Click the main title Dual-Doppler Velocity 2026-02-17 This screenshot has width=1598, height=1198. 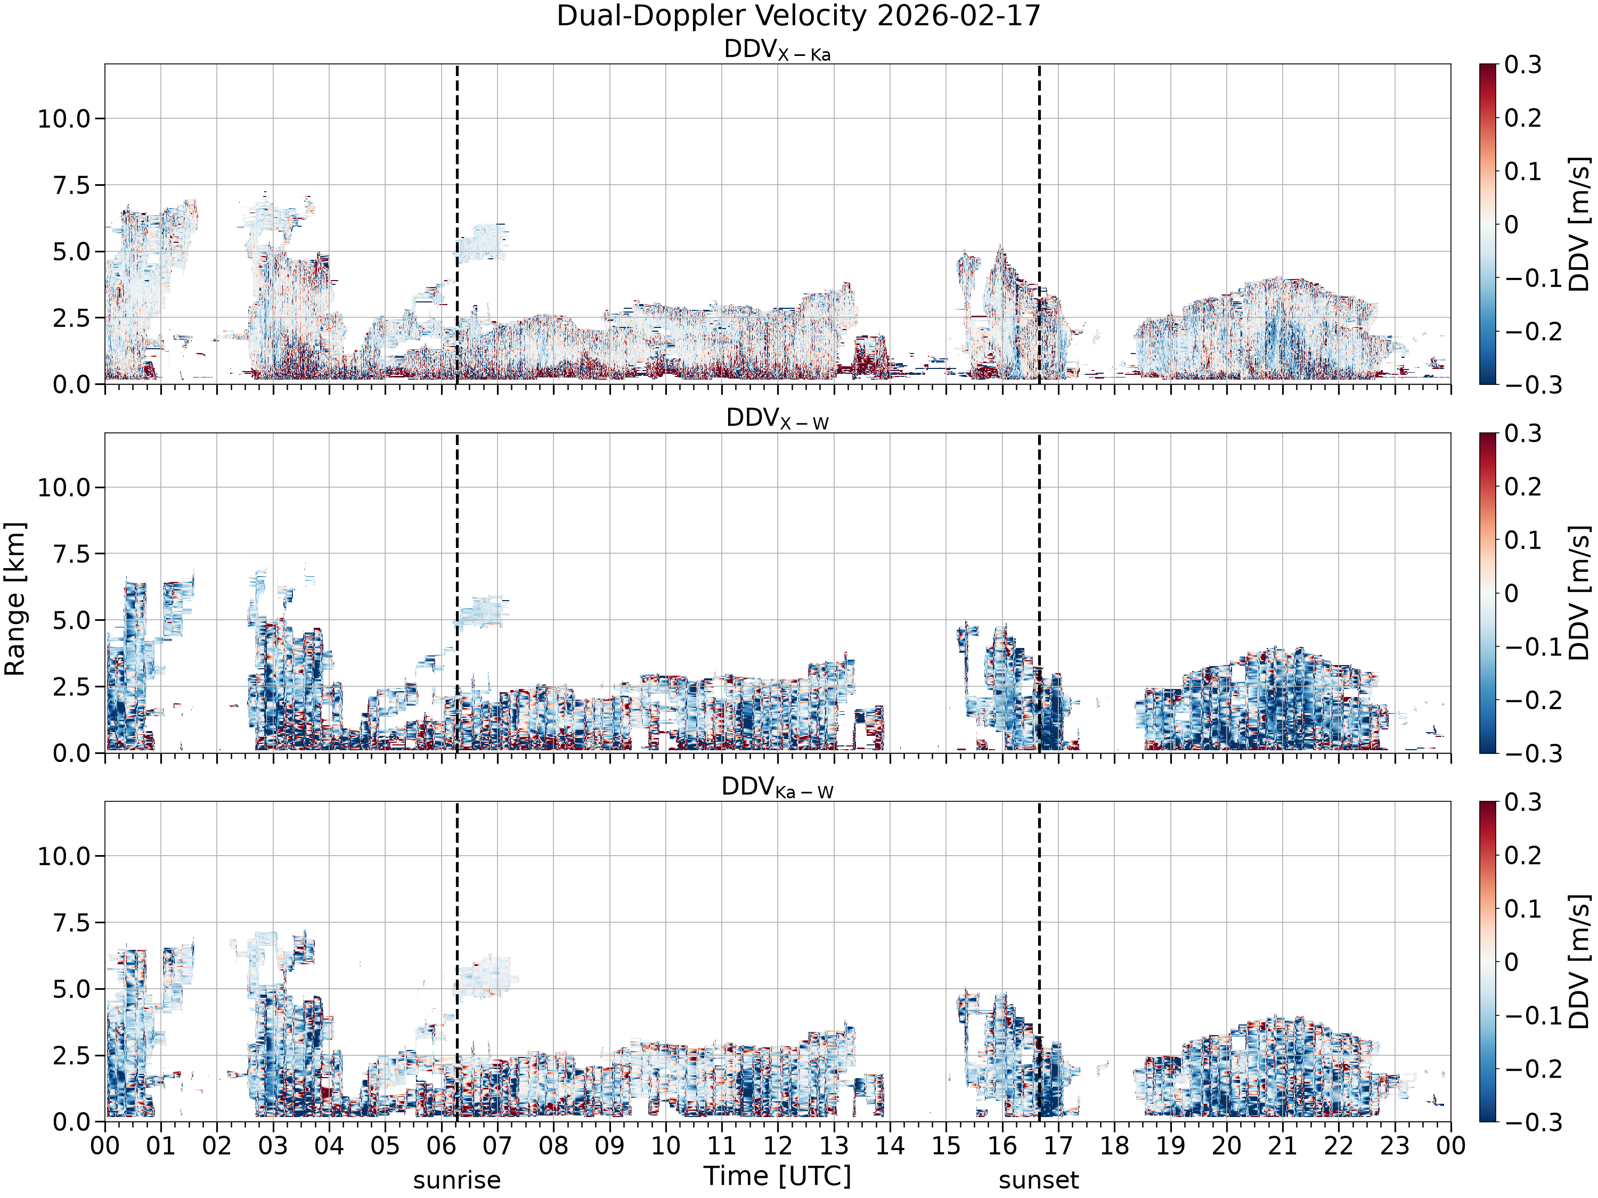tap(798, 16)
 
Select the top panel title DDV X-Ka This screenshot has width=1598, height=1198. tap(777, 51)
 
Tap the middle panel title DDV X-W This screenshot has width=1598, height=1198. tap(777, 419)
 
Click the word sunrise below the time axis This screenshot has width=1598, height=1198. tap(456, 1180)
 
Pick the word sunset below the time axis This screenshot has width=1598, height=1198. tap(1039, 1180)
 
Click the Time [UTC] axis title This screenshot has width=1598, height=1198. tap(777, 1176)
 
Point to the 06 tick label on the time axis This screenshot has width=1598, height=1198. tap(442, 1146)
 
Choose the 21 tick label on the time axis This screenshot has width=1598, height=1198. tap(1282, 1146)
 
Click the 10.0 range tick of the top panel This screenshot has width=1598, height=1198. tap(64, 118)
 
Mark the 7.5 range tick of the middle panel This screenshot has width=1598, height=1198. tap(72, 554)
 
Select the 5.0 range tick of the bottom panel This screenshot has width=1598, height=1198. tap(72, 989)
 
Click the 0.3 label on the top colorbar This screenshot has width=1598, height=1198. tap(1523, 64)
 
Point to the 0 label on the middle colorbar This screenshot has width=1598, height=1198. tap(1511, 594)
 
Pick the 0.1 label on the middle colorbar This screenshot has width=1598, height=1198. tap(1523, 540)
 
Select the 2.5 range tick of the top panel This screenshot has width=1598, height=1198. tap(72, 318)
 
